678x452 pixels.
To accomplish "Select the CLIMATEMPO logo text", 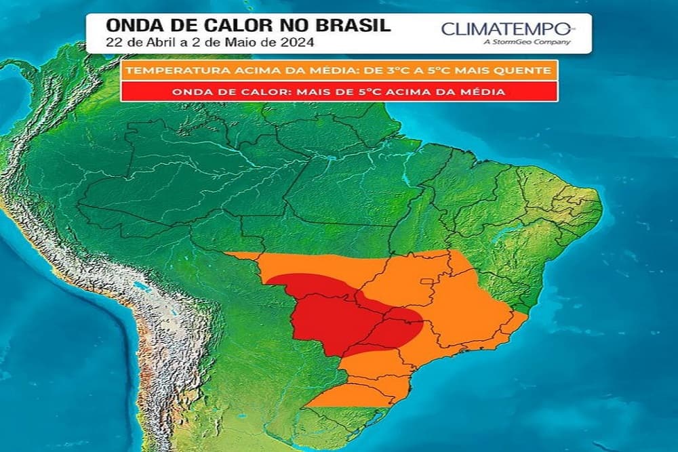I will pyautogui.click(x=506, y=29).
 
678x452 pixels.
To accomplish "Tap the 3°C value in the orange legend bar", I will pyautogui.click(x=384, y=70).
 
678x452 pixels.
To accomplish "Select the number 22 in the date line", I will pyautogui.click(x=114, y=41).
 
